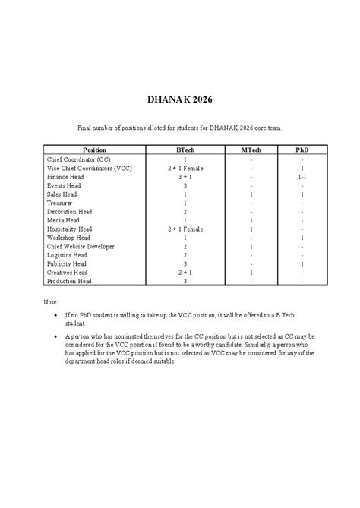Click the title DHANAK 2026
180,99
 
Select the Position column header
95,150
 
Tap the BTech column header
185,150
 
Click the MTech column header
251,150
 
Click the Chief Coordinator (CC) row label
78,159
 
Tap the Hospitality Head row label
70,229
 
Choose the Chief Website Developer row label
81,246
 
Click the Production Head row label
69,281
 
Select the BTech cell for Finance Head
185,177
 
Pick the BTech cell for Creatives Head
185,272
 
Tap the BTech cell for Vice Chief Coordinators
185,168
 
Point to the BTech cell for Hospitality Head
185,229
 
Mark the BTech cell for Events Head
185,185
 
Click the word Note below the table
51,301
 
